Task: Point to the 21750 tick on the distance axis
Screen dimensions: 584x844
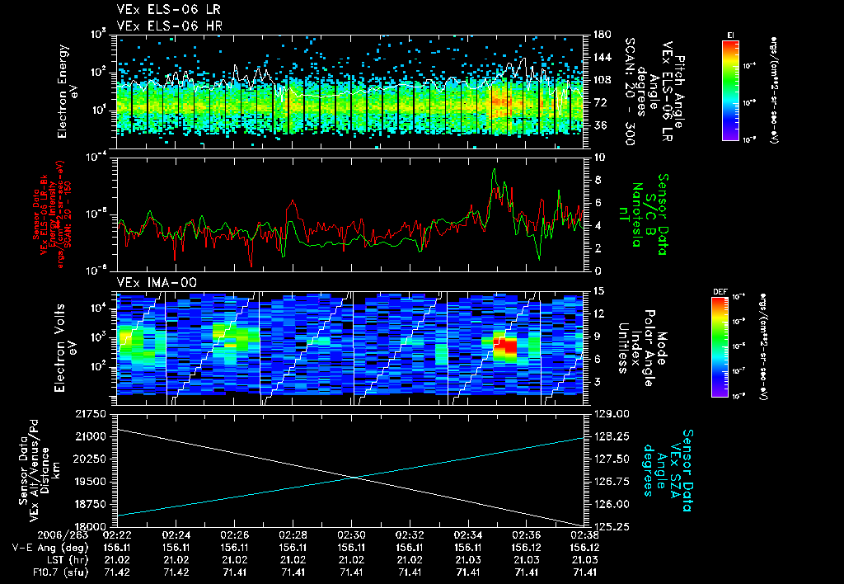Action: (x=98, y=412)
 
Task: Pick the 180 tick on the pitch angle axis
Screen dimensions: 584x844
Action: (x=598, y=35)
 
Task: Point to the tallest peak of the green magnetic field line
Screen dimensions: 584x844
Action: (x=494, y=169)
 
